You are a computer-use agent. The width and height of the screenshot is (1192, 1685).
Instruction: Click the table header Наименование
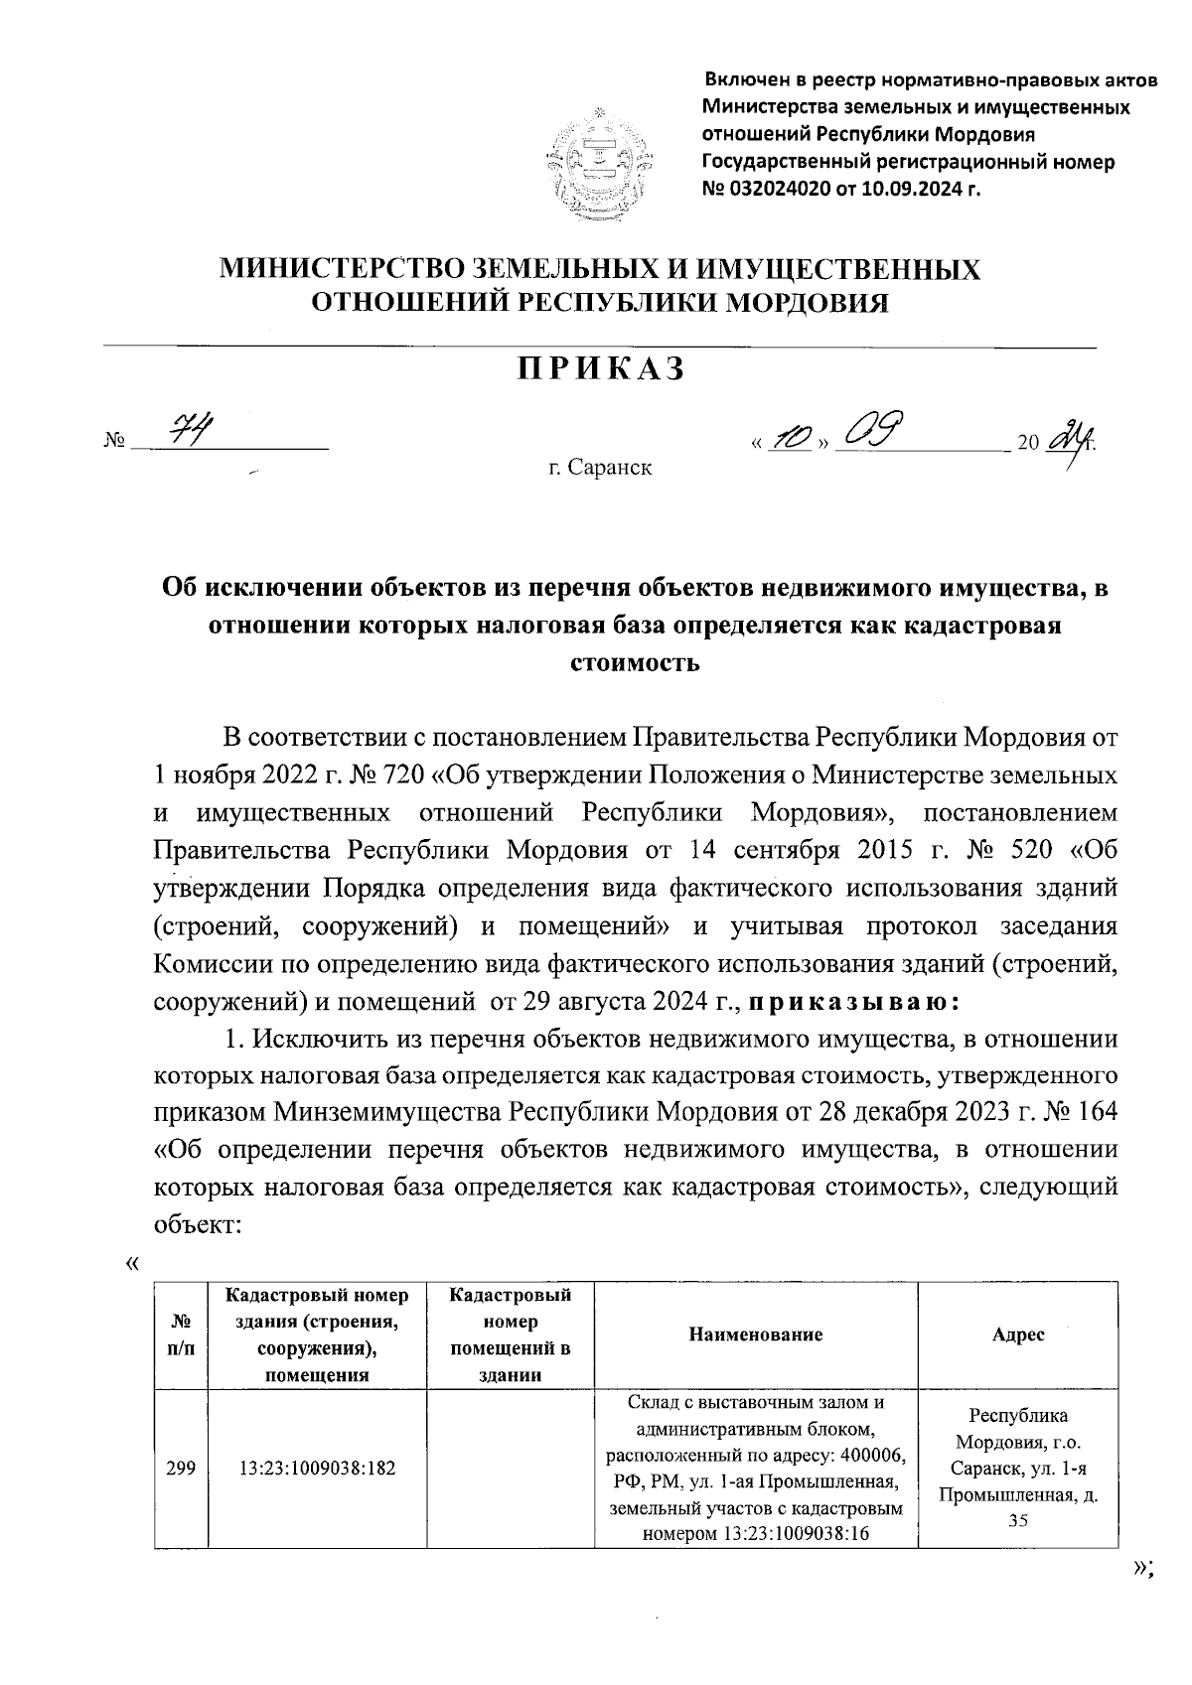tap(755, 1334)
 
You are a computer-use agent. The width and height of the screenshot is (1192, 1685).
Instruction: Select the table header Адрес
tap(1018, 1334)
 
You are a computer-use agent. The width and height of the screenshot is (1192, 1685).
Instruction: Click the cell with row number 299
tap(180, 1468)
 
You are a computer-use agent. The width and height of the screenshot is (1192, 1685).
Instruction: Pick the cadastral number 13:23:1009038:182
tap(317, 1468)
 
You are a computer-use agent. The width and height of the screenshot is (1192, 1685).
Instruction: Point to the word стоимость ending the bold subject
tap(635, 662)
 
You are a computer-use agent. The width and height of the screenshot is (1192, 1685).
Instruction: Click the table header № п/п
tap(181, 1334)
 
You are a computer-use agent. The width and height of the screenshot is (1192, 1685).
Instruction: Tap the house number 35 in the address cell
tap(1018, 1520)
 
